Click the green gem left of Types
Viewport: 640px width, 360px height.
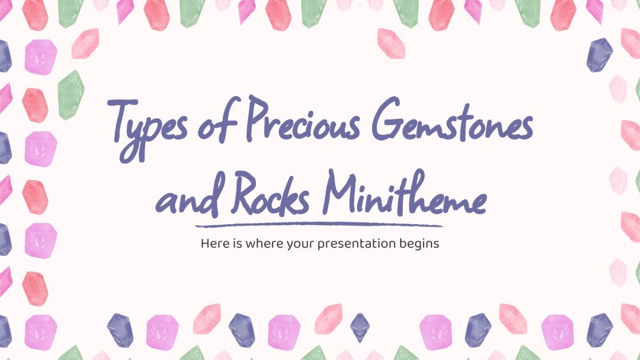[x=71, y=94]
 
